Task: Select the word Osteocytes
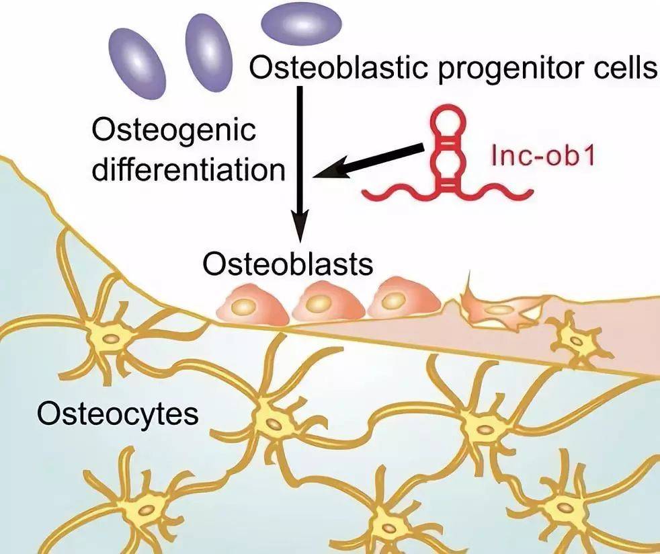118,412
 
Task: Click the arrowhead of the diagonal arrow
326,174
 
